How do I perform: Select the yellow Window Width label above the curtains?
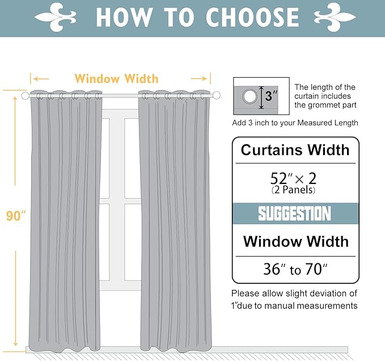point(116,78)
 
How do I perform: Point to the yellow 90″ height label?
point(16,216)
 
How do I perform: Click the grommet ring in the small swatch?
point(249,97)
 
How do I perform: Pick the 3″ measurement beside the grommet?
point(273,96)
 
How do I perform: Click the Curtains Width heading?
point(295,150)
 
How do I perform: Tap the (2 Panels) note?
point(294,190)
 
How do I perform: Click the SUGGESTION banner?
point(294,214)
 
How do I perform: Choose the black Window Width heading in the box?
point(295,241)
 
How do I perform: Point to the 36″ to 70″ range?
point(295,269)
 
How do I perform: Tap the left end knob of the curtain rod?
point(25,96)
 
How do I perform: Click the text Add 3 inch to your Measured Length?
point(295,123)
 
